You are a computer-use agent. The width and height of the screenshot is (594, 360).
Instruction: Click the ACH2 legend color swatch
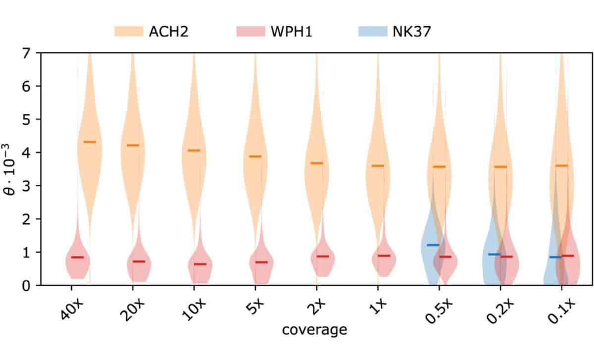tap(128, 32)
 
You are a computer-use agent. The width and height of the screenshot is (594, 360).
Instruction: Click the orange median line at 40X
tap(90, 142)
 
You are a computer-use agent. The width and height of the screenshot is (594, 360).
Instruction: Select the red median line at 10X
tap(200, 264)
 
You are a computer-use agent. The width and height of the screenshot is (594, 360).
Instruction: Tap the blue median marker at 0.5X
tap(433, 245)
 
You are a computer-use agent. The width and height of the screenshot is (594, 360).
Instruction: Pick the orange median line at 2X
tap(316, 163)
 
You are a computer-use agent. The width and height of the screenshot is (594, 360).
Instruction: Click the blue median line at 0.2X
tap(495, 255)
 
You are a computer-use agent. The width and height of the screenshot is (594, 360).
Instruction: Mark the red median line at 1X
tap(384, 256)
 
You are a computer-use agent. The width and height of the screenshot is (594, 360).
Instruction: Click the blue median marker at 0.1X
tap(555, 257)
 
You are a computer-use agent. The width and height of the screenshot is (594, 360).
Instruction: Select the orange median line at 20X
tap(133, 145)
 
